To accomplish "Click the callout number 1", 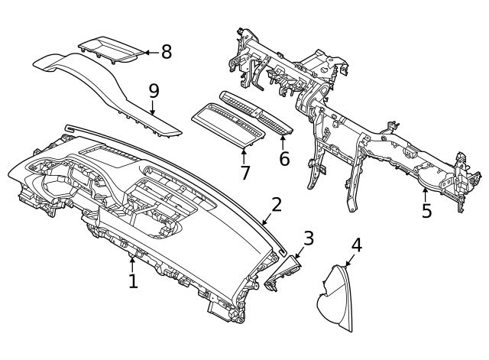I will (133, 281).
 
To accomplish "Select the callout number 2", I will (277, 204).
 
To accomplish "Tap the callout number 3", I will (308, 238).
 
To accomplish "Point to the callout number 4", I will (356, 245).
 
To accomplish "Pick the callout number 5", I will (426, 209).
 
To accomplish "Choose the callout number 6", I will (284, 159).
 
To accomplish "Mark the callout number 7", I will (244, 173).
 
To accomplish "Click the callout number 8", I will (166, 52).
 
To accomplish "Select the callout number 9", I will (154, 91).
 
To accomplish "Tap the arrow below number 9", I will (154, 108).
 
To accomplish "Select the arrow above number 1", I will (132, 264).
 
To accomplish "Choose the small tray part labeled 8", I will (111, 47).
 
